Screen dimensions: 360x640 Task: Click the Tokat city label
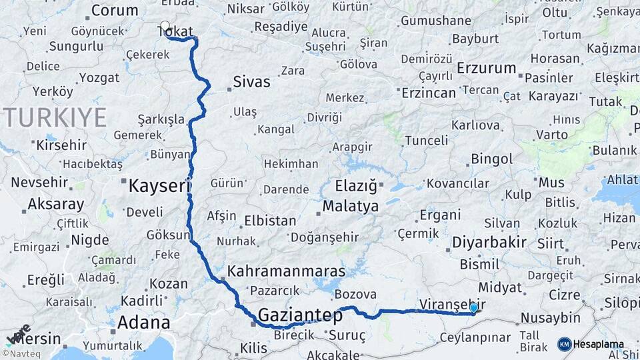(x=175, y=30)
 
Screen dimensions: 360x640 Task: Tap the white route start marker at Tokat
(x=165, y=26)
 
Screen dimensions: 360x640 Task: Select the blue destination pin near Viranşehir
(x=474, y=307)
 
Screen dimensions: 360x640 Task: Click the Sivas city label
(x=251, y=82)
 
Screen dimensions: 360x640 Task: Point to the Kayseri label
(x=159, y=185)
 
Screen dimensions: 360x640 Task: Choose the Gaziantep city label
(x=300, y=315)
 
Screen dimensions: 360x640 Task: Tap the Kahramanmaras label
(x=287, y=271)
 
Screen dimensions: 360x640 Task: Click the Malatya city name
(x=351, y=206)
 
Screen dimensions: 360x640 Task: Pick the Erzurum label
(x=487, y=68)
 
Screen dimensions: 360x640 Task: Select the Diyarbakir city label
(x=489, y=242)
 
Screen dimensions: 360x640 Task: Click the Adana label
(x=143, y=323)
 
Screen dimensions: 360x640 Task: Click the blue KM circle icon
(x=564, y=345)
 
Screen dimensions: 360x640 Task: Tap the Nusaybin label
(x=550, y=317)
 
